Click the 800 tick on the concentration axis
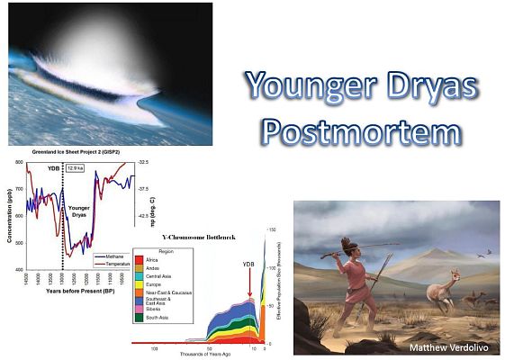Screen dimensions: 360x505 (20, 164)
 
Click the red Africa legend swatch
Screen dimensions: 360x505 (140, 257)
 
